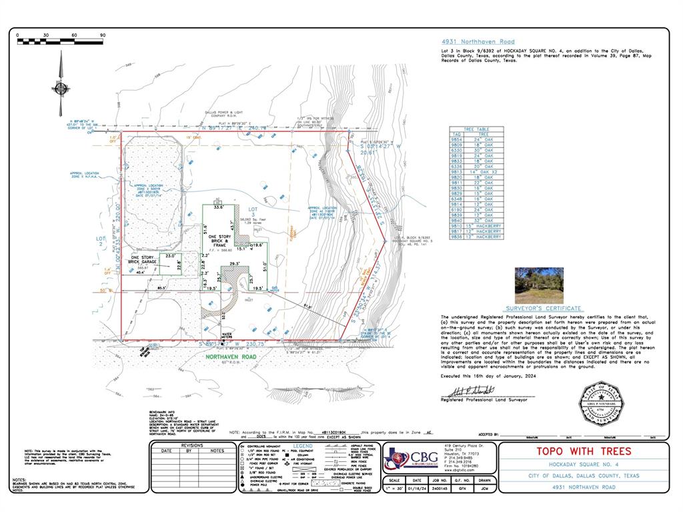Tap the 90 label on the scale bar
102,35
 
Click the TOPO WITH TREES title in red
584,451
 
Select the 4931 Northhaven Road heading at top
478,41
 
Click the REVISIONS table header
191,445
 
